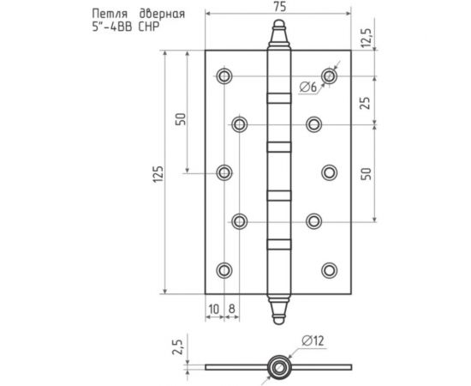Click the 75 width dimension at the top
279,7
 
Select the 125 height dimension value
158,173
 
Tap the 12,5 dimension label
367,38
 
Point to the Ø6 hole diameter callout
308,87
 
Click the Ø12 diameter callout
313,341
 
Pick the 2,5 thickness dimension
177,347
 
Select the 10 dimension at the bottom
214,309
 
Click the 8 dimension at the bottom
231,309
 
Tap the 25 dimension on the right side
367,103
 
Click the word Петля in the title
110,14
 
